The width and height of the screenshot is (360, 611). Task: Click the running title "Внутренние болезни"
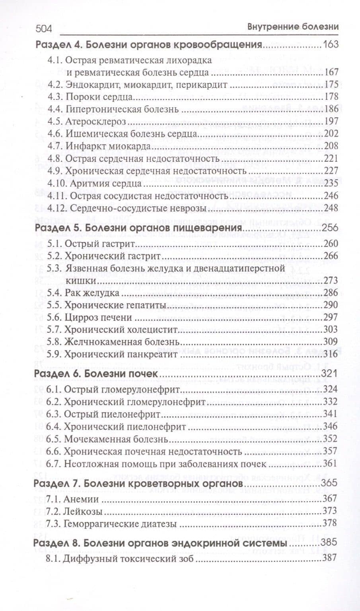(293, 27)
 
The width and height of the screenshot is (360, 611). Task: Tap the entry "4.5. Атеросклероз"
(86, 121)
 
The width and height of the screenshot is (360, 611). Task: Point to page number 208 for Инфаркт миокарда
(331, 146)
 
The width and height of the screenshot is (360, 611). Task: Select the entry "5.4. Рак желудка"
(83, 293)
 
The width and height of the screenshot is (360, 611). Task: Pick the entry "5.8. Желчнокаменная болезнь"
(113, 341)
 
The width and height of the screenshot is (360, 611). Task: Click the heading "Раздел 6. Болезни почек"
(97, 374)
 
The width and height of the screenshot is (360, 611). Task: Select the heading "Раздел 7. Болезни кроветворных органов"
(138, 483)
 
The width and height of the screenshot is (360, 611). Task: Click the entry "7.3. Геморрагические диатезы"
(111, 524)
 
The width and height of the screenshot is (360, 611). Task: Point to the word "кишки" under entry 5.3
(75, 281)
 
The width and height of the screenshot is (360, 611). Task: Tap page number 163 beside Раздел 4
(331, 44)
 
